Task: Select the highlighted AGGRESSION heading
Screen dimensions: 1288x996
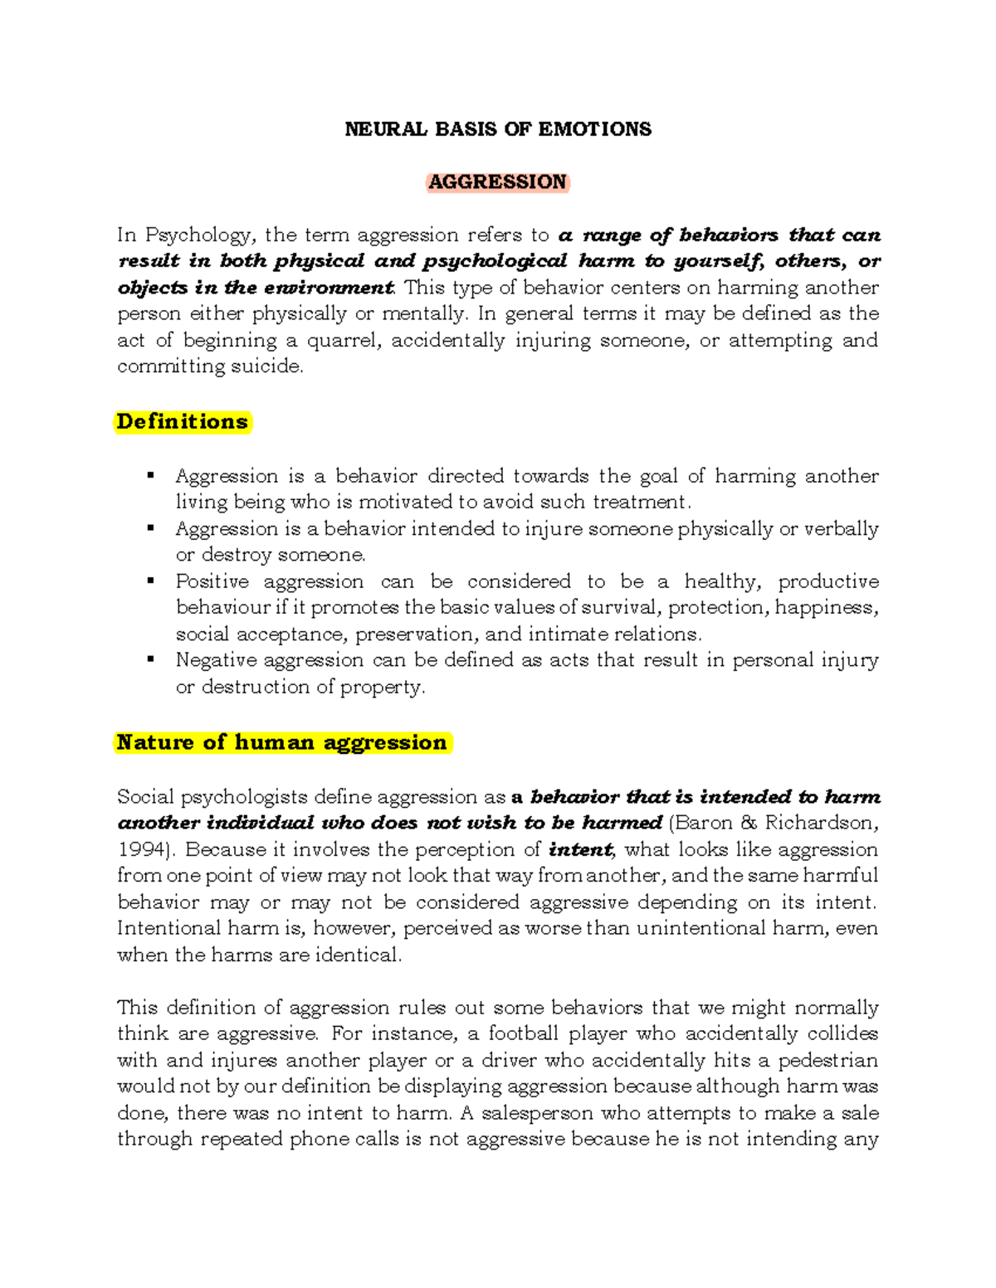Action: pyautogui.click(x=498, y=182)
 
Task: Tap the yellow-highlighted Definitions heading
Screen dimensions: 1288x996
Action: pyautogui.click(x=183, y=421)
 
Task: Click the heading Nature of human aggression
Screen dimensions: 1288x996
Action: pyautogui.click(x=282, y=742)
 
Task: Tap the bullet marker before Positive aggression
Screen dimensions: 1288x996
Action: pyautogui.click(x=150, y=581)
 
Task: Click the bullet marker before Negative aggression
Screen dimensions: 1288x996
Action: pyautogui.click(x=150, y=660)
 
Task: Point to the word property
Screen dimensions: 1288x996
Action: pyautogui.click(x=389, y=687)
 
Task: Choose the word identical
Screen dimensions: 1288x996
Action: pyautogui.click(x=358, y=955)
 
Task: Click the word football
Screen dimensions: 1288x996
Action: pyautogui.click(x=523, y=1033)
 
